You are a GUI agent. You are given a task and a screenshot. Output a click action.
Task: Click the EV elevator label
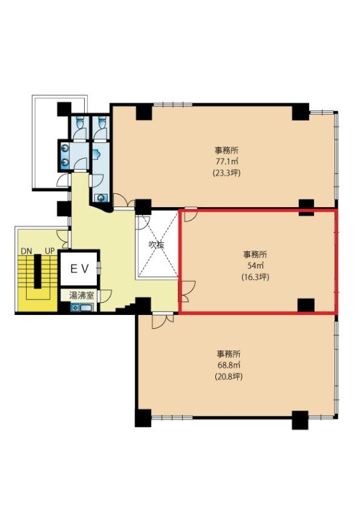(x=80, y=269)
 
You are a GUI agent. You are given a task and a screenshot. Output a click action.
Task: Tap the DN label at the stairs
(x=26, y=251)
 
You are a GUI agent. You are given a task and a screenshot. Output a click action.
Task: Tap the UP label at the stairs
(x=50, y=251)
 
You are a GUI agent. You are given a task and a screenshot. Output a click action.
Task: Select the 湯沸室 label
(x=82, y=296)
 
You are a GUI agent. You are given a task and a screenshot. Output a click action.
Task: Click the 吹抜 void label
(x=156, y=245)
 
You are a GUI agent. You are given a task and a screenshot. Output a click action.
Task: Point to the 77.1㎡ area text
(x=227, y=161)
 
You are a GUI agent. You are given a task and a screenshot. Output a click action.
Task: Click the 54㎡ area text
(x=256, y=266)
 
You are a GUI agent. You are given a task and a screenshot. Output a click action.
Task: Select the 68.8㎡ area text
(x=229, y=365)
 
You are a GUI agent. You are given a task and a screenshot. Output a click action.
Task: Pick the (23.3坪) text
(x=227, y=173)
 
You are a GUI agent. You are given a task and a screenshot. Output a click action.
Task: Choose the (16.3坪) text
(x=256, y=277)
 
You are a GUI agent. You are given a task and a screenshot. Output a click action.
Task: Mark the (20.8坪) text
(x=229, y=377)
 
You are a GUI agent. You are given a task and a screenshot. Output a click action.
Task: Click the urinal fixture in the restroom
(x=96, y=154)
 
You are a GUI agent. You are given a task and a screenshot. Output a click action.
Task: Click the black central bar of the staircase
(x=38, y=271)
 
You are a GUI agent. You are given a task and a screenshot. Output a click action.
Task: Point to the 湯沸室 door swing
(x=106, y=296)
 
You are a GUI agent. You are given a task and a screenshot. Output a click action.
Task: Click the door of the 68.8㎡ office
(x=162, y=321)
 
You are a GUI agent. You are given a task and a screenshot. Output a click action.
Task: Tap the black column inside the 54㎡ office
(x=306, y=305)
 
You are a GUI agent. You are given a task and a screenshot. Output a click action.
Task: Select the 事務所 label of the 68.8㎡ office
(x=229, y=354)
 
